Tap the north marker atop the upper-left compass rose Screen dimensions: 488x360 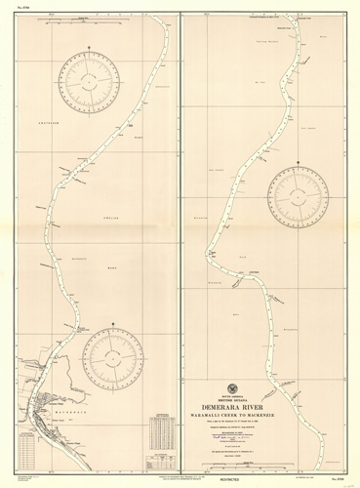point(91,47)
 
